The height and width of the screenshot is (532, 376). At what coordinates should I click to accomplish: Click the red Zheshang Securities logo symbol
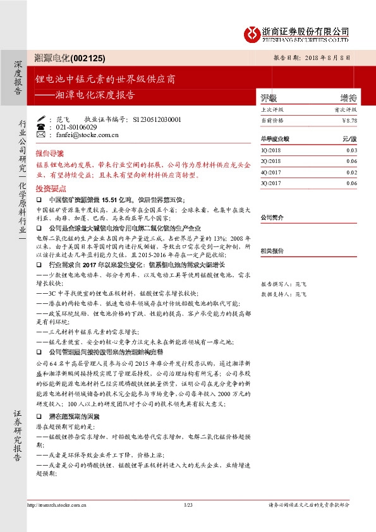click(252, 33)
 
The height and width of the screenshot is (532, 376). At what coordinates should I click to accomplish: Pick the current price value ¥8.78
click(349, 119)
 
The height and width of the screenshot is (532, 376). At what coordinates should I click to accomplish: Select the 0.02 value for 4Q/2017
click(351, 172)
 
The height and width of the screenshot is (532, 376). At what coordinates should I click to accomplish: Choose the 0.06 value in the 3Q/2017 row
click(351, 183)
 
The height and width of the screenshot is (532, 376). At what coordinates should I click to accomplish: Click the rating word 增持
click(348, 98)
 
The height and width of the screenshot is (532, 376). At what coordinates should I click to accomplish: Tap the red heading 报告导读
click(50, 154)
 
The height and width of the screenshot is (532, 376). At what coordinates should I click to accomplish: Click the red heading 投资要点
click(50, 188)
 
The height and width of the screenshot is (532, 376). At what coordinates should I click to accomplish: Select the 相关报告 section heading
click(273, 250)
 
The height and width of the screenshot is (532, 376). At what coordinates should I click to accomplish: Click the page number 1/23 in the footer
click(188, 504)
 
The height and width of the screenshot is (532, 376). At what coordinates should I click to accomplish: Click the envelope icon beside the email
click(41, 135)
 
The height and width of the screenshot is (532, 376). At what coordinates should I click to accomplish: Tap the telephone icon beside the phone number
click(41, 127)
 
